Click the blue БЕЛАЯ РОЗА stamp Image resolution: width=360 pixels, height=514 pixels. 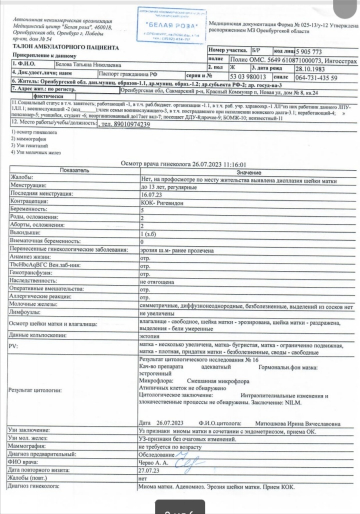click(x=167, y=23)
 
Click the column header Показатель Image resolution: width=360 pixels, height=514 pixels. click(x=74, y=170)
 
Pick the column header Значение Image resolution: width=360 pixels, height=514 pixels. click(x=248, y=172)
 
